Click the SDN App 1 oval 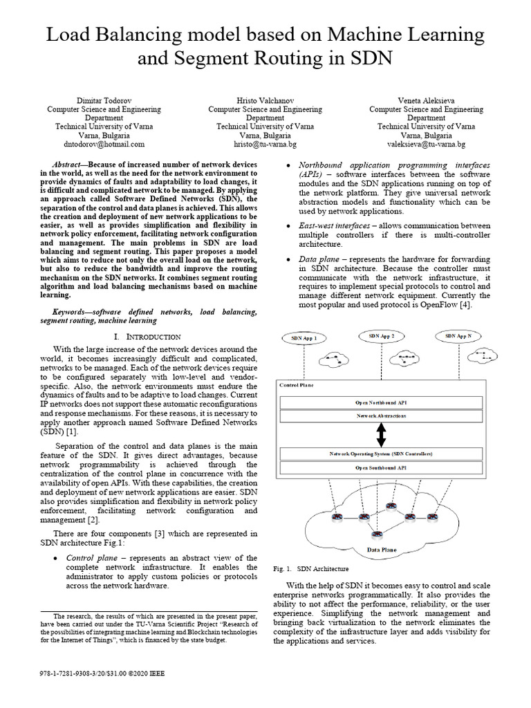pos(304,338)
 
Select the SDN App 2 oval pos(382,336)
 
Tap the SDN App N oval pos(459,336)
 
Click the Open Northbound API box pos(381,402)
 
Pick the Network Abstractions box pos(381,416)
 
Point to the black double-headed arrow pos(381,435)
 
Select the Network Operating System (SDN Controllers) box pos(381,454)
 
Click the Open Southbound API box pos(381,468)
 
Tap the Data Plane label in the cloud pos(381,551)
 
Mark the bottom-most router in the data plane pos(377,534)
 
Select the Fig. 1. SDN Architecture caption pos(311,569)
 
